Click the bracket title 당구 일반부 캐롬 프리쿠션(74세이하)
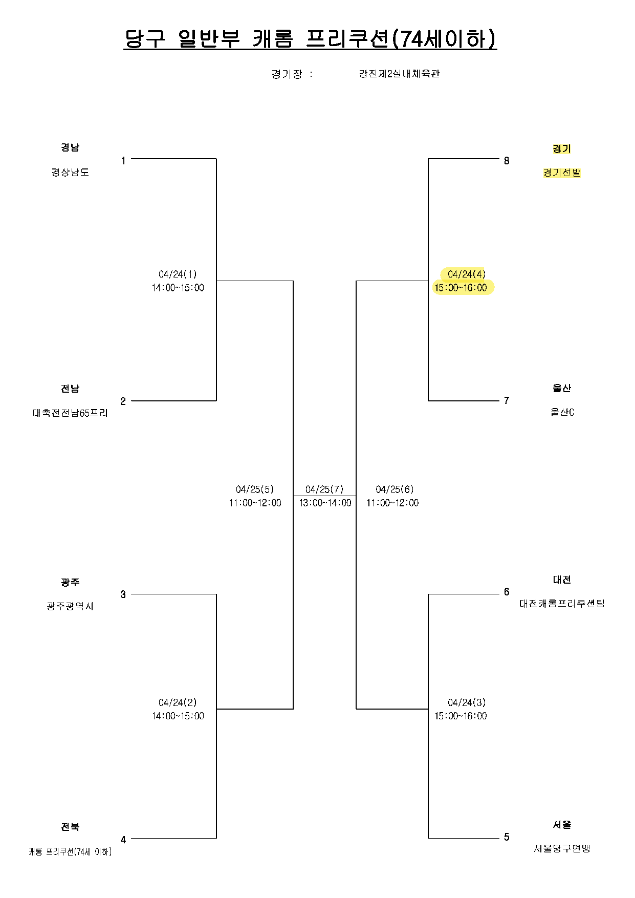(x=310, y=39)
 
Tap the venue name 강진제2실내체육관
(x=399, y=74)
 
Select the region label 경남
(x=70, y=147)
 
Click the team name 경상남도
(x=70, y=172)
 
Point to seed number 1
(x=123, y=161)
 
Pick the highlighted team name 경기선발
(x=562, y=173)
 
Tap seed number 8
(x=507, y=161)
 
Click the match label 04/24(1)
(x=178, y=274)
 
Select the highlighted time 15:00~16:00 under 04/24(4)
(x=461, y=288)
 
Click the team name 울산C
(x=562, y=412)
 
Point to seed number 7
(x=507, y=401)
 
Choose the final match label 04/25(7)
(x=324, y=489)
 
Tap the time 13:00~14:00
(x=325, y=503)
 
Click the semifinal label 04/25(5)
(x=255, y=489)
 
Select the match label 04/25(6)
(x=395, y=489)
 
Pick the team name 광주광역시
(x=70, y=606)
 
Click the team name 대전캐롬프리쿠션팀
(x=562, y=604)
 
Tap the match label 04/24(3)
(x=467, y=702)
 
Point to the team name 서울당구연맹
(x=562, y=848)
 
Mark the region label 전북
(x=70, y=827)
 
